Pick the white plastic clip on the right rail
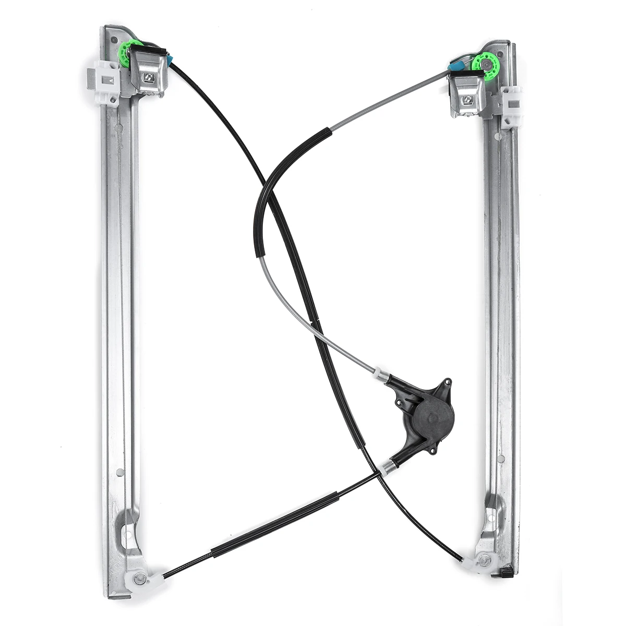[x=511, y=107]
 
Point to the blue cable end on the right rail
[x=456, y=66]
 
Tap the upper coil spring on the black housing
[x=382, y=375]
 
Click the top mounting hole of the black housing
[x=445, y=383]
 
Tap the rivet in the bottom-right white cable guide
[x=484, y=561]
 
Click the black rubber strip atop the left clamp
[x=149, y=50]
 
